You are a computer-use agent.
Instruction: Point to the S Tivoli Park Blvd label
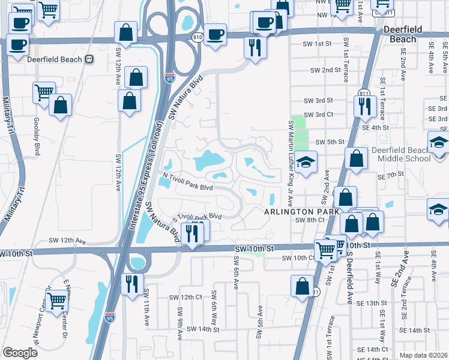pyautogui.click(x=197, y=217)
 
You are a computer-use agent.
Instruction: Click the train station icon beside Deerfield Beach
pyautogui.click(x=89, y=59)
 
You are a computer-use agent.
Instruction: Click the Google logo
pyautogui.click(x=20, y=353)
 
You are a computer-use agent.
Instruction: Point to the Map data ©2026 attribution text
pyautogui.click(x=424, y=355)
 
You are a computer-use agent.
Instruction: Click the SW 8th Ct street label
pyautogui.click(x=310, y=220)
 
